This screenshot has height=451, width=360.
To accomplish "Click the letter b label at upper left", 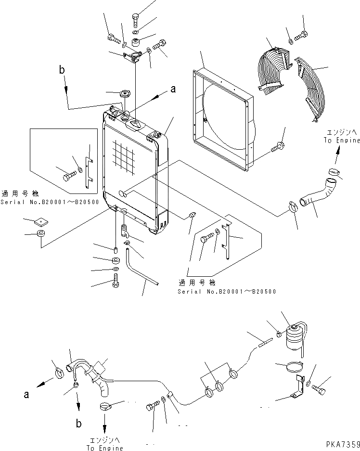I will [x=62, y=70].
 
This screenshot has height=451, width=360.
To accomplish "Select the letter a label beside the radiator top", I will [x=173, y=89].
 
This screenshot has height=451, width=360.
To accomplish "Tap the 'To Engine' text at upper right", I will [x=342, y=140].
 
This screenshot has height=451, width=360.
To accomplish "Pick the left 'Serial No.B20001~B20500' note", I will [x=49, y=203].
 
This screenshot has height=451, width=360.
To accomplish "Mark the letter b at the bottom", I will [x=78, y=424].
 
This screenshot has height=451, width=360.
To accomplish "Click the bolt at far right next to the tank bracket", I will [x=323, y=387].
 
